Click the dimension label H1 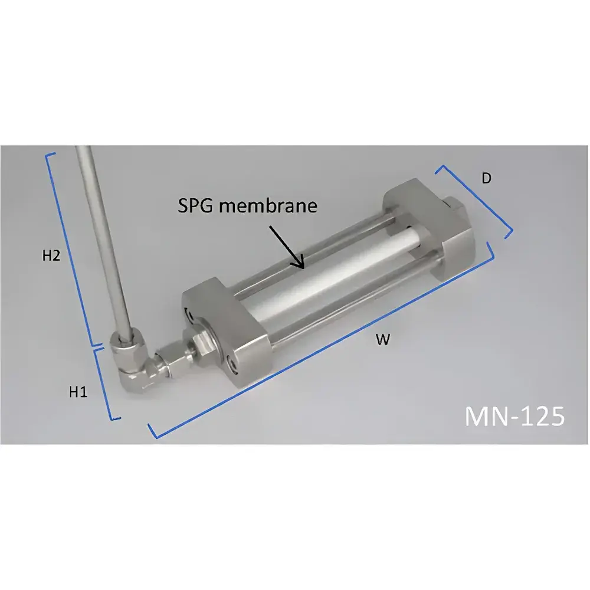pos(78,391)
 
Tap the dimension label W pos(383,340)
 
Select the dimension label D pos(486,178)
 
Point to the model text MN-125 pos(514,415)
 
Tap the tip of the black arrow pos(301,268)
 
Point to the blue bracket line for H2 pos(70,248)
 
